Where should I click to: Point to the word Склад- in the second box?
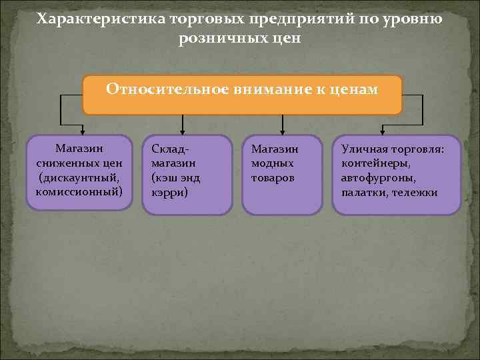point(171,149)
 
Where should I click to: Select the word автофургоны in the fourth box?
point(379,179)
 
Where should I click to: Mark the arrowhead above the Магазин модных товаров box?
point(282,129)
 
